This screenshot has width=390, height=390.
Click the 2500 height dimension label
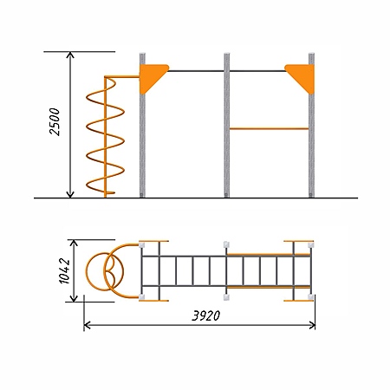tap(55, 121)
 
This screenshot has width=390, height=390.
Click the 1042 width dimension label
tap(64, 270)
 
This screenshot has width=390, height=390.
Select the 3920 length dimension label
tap(205, 315)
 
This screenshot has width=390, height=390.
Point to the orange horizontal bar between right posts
tap(269, 128)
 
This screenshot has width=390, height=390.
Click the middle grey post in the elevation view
tap(227, 125)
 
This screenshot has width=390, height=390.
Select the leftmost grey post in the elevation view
tap(142, 125)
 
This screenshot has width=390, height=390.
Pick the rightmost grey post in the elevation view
tap(311, 125)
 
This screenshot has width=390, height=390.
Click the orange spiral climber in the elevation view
tap(105, 136)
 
